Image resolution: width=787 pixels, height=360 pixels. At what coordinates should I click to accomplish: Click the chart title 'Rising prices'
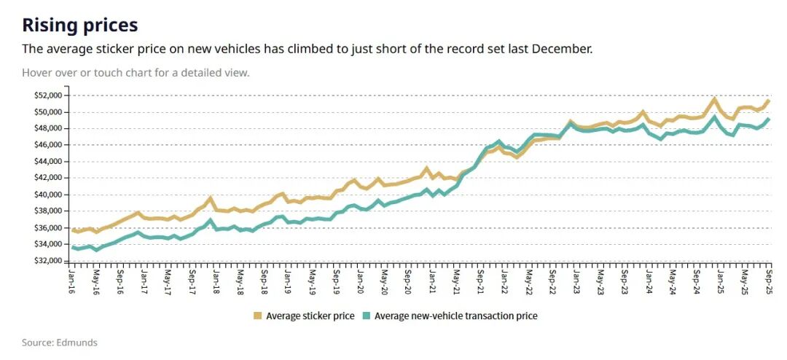pos(79,25)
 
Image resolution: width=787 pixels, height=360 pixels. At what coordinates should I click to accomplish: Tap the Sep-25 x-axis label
pos(769,280)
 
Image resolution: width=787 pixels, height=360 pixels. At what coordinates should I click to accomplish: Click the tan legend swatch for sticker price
pos(257,316)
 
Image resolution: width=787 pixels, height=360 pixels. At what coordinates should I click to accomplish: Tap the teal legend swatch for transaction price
pos(366,316)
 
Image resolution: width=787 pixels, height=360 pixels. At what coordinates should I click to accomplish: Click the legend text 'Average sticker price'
pos(310,316)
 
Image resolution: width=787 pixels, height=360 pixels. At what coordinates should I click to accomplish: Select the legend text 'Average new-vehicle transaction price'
pos(455,316)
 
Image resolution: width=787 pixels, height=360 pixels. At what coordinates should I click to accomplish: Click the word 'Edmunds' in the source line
pos(77,343)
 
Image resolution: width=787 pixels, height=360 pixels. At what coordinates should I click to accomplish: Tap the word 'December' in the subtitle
pos(564,49)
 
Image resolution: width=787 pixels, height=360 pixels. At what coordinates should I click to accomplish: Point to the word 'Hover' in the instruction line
pos(36,73)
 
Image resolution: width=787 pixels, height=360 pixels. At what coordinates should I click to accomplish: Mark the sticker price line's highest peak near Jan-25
pos(714,99)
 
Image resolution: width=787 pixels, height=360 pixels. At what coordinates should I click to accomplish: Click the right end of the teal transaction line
pos(769,120)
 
